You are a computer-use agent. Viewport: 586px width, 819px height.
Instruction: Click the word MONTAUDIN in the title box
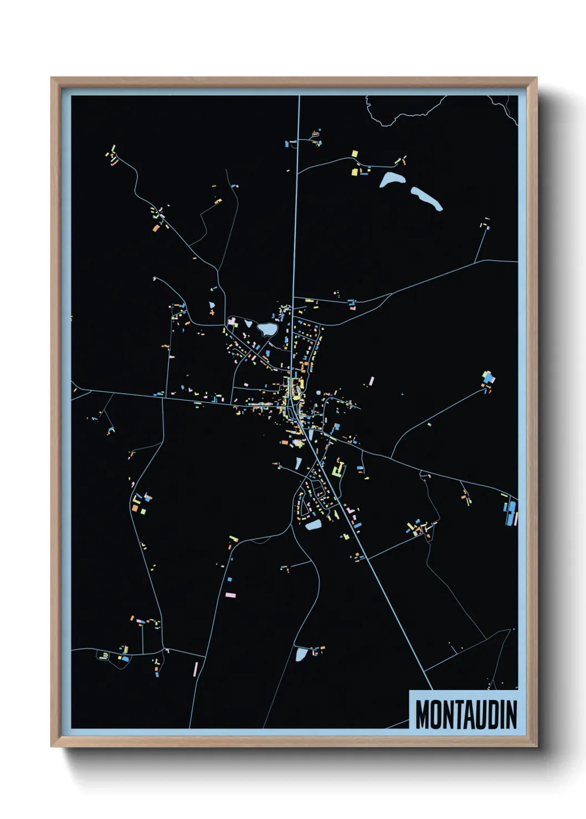466,714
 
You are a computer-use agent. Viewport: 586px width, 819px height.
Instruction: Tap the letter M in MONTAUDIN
422,714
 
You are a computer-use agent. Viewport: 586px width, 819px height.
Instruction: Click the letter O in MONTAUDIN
435,714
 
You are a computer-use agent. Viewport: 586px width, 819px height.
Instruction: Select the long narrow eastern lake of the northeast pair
426,198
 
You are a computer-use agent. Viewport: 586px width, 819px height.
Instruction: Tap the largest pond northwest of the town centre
266,330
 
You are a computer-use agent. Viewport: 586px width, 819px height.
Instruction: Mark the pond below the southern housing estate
313,525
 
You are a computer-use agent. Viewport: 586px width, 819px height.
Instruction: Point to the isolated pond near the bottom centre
301,655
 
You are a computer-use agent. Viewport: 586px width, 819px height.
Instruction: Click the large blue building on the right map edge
508,514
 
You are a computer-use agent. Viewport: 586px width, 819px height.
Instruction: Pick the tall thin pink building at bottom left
195,669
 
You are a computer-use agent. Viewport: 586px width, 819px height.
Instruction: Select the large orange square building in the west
135,507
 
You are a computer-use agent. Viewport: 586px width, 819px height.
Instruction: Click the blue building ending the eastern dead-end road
488,379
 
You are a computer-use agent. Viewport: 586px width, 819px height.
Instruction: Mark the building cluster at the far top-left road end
114,156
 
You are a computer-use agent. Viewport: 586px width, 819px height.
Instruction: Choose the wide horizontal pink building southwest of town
230,595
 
